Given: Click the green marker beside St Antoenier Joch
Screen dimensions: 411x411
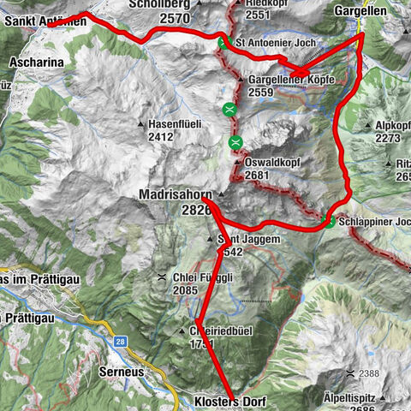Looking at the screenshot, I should [x=223, y=43].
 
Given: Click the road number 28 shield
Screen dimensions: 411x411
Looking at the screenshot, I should [x=121, y=342].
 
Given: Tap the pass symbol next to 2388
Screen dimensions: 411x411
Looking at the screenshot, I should [x=351, y=374].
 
